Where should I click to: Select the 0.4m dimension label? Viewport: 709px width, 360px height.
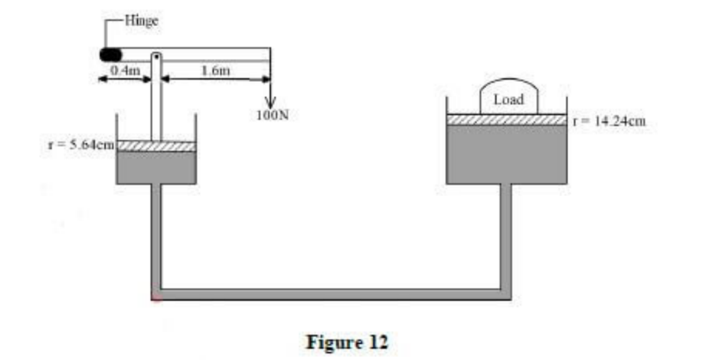pyautogui.click(x=123, y=70)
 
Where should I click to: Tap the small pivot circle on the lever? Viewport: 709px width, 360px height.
pyautogui.click(x=155, y=56)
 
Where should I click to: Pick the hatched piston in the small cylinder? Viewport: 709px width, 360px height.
pyautogui.click(x=155, y=146)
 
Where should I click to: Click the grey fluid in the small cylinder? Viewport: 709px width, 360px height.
pyautogui.click(x=155, y=168)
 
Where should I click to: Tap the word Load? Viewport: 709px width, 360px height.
pyautogui.click(x=508, y=100)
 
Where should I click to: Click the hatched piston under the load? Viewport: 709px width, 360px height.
pyautogui.click(x=507, y=119)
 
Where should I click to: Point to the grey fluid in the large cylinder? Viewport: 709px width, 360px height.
pyautogui.click(x=507, y=153)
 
